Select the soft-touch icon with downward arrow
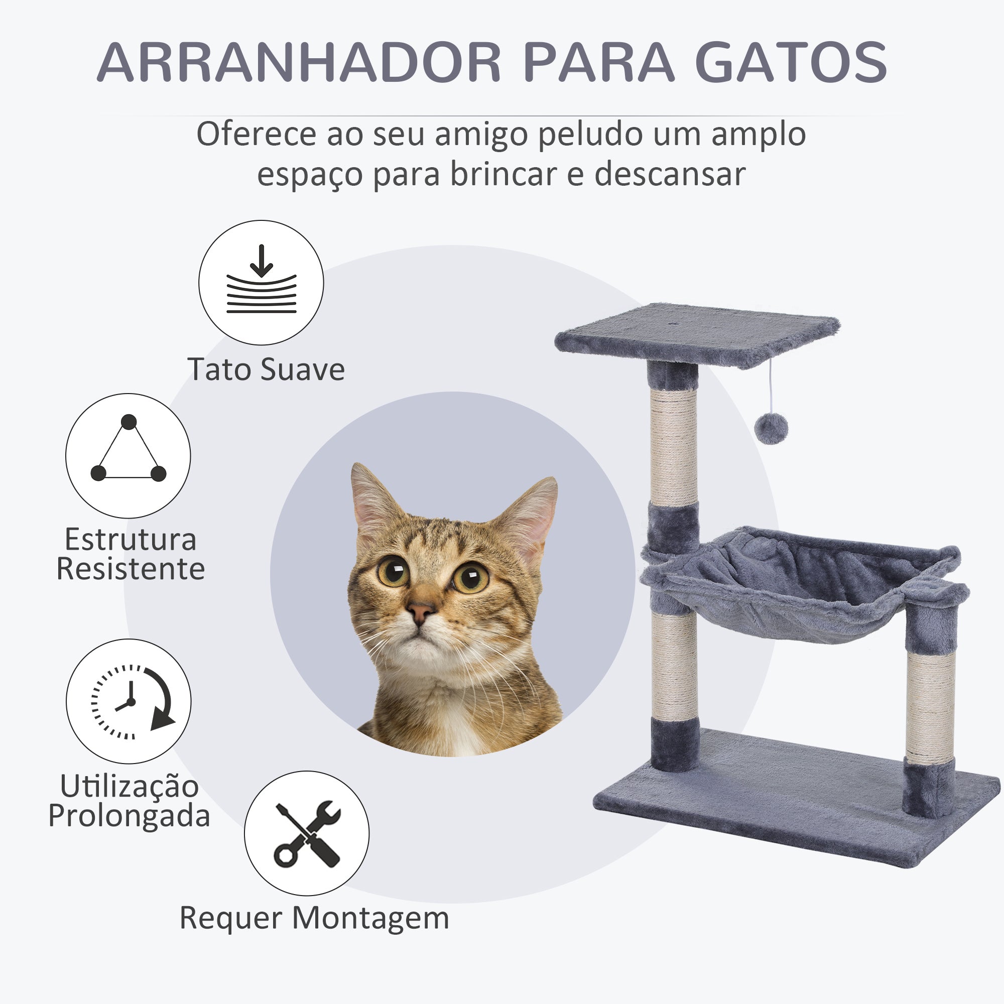(261, 282)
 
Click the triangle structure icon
(128, 456)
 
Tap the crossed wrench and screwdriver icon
(307, 833)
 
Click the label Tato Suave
(266, 369)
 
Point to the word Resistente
(131, 569)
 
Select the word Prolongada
(129, 816)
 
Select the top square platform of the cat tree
(697, 335)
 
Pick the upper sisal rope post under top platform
(673, 446)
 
